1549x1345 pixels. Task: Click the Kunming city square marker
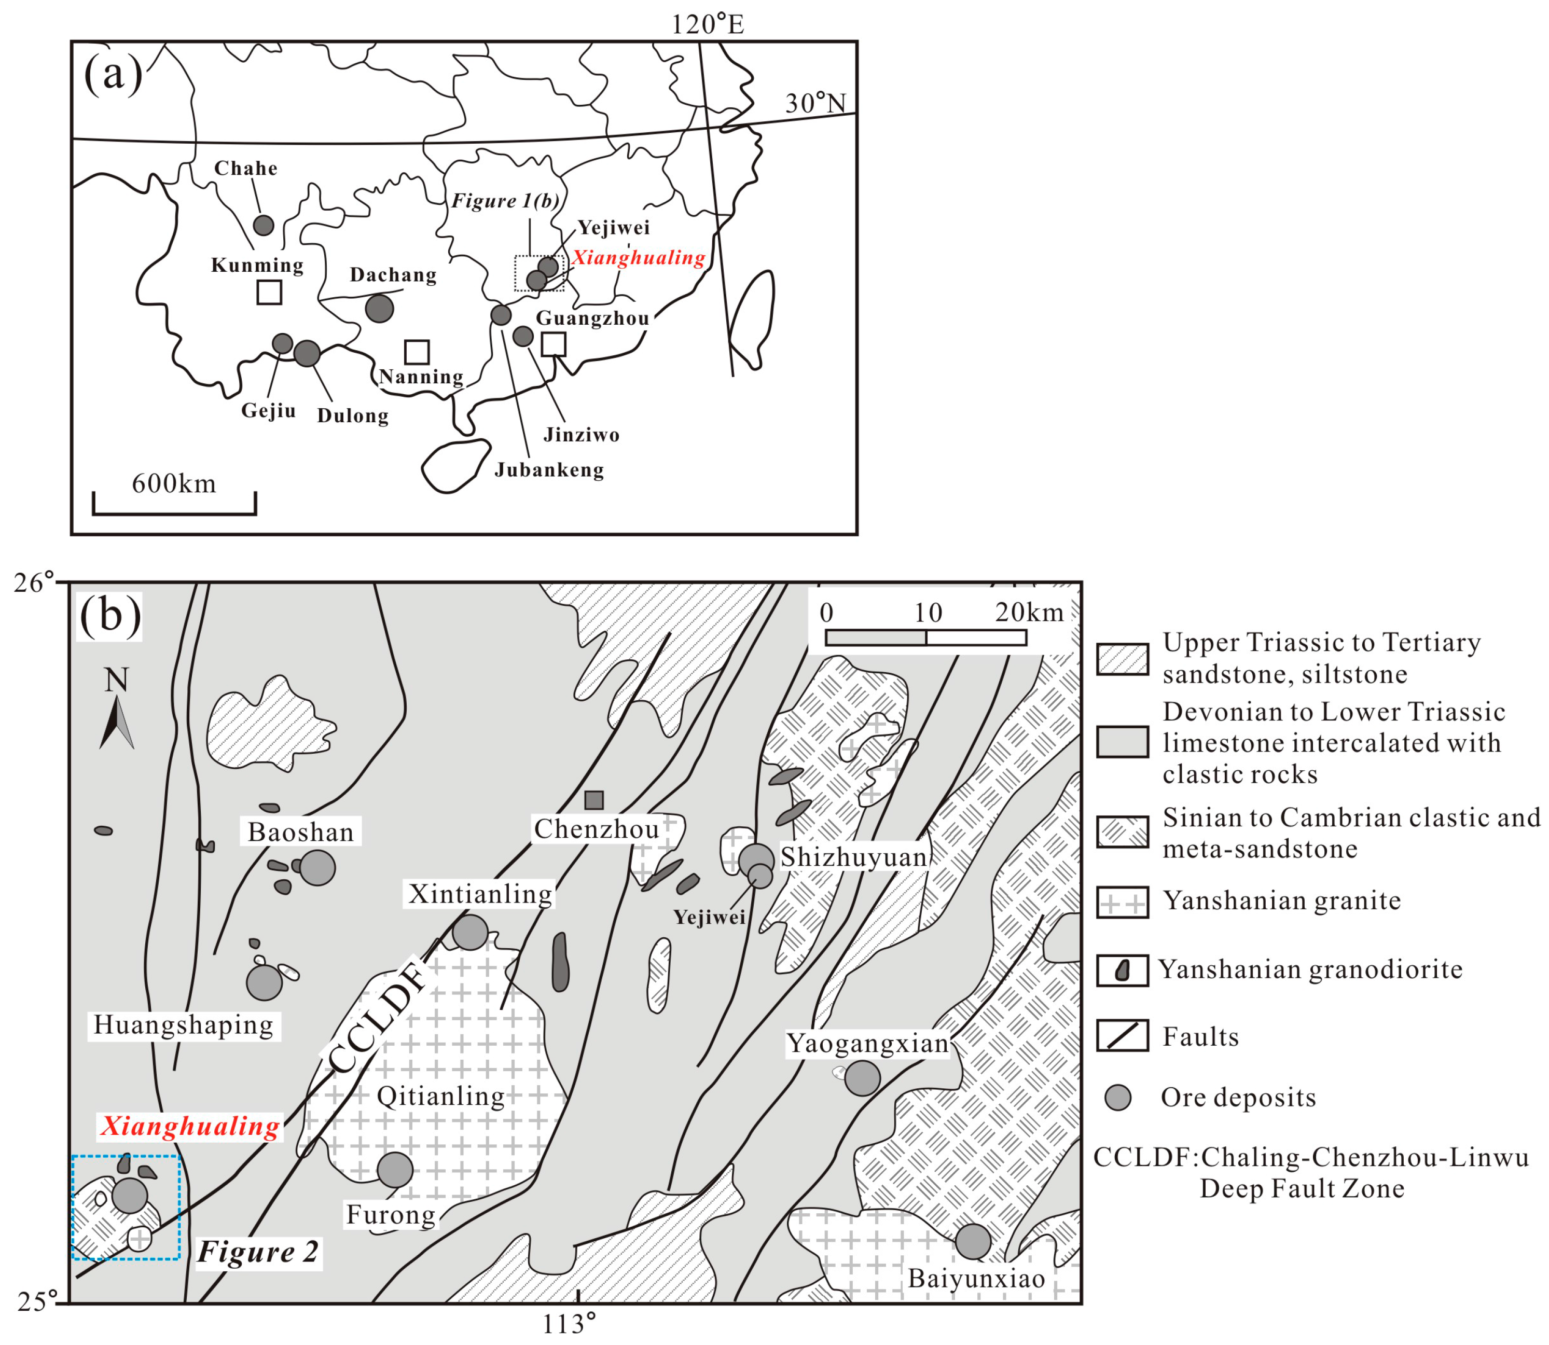point(269,292)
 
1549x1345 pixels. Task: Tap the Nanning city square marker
point(417,352)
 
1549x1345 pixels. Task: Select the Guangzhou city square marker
point(553,344)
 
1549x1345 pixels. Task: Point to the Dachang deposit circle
point(379,308)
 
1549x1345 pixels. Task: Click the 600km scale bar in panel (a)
point(174,512)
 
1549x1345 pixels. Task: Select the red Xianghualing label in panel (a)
point(639,258)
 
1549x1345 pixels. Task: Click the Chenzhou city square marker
point(593,800)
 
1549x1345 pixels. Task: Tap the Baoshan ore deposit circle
point(317,868)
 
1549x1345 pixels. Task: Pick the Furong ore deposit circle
point(395,1169)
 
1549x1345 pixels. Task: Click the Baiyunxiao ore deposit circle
point(973,1241)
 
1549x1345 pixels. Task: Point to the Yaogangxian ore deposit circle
point(862,1078)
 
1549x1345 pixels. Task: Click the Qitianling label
point(440,1096)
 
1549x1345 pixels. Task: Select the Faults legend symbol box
point(1122,1036)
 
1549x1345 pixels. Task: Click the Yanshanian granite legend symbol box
point(1122,902)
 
